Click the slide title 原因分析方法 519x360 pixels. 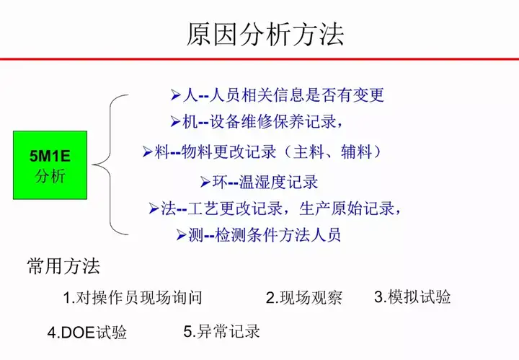[265, 35]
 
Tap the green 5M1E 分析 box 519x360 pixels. [50, 165]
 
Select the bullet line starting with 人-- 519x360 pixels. [277, 95]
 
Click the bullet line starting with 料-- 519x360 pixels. [262, 152]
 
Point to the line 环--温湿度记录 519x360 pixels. [259, 182]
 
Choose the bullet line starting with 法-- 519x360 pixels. [275, 208]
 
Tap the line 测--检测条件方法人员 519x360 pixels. [259, 235]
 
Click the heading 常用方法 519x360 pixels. [63, 266]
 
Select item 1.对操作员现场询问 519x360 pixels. [133, 297]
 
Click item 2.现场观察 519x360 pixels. [304, 297]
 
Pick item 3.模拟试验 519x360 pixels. [412, 297]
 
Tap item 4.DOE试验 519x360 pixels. [87, 332]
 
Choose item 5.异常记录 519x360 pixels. [222, 331]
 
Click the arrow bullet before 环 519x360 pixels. [205, 183]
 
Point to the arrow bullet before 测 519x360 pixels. [181, 235]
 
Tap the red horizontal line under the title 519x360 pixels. [259, 59]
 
